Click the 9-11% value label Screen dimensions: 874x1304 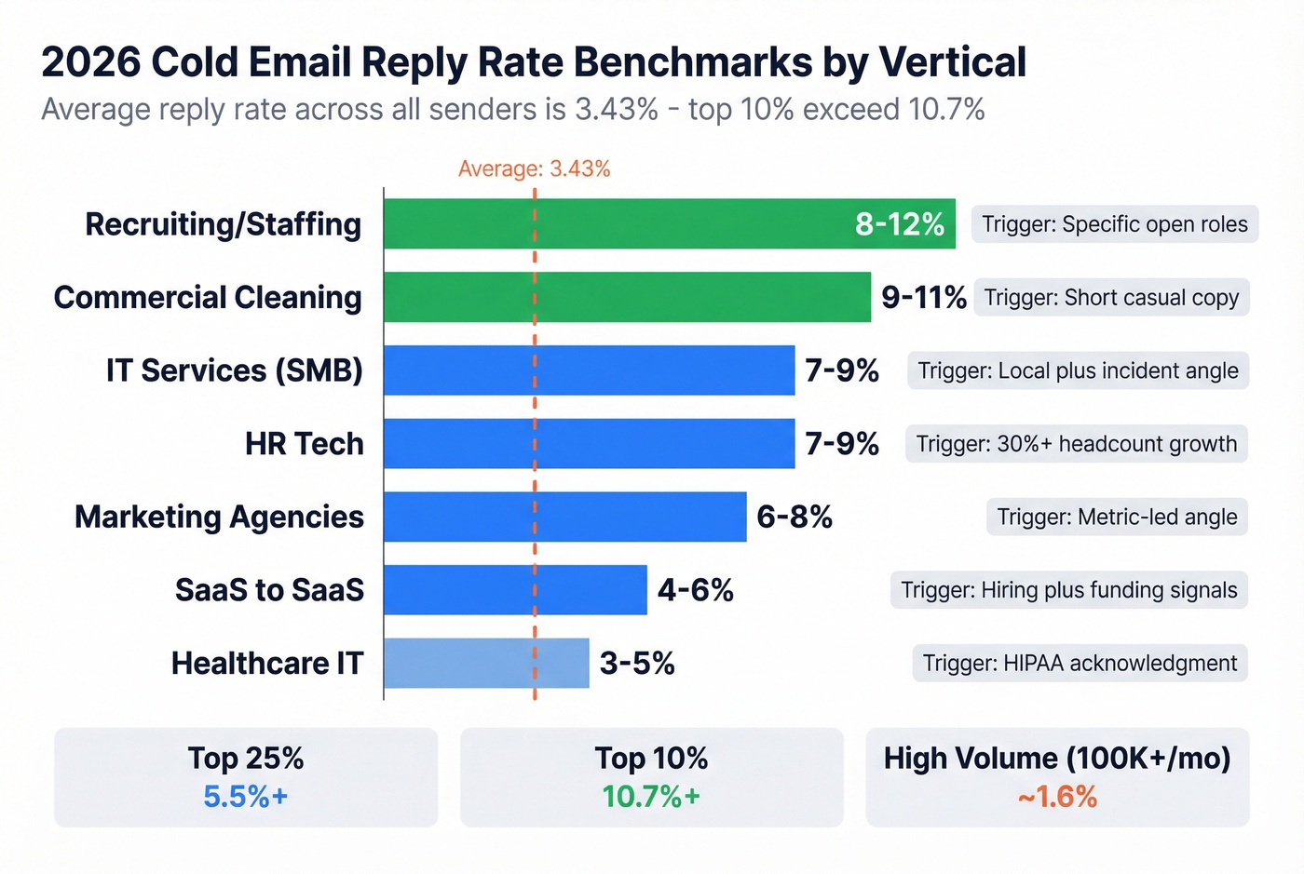(923, 297)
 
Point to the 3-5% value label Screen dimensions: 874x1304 (637, 663)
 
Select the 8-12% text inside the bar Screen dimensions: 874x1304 (899, 224)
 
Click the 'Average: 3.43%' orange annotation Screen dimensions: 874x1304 (534, 168)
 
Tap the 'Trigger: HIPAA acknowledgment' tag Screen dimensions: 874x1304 (1080, 663)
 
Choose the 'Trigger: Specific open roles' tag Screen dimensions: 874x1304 (1114, 224)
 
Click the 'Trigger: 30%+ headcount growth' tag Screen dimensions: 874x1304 (1076, 444)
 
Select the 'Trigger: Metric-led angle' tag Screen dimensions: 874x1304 (1117, 517)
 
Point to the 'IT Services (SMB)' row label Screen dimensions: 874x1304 (234, 370)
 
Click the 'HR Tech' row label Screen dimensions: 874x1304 (304, 444)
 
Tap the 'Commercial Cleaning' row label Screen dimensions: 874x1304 (208, 297)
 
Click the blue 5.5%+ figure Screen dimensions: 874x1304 (246, 797)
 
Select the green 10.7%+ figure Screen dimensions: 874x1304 (651, 797)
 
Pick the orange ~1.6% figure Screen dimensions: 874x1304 (1057, 797)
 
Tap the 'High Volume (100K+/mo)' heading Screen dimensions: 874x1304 (1057, 758)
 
